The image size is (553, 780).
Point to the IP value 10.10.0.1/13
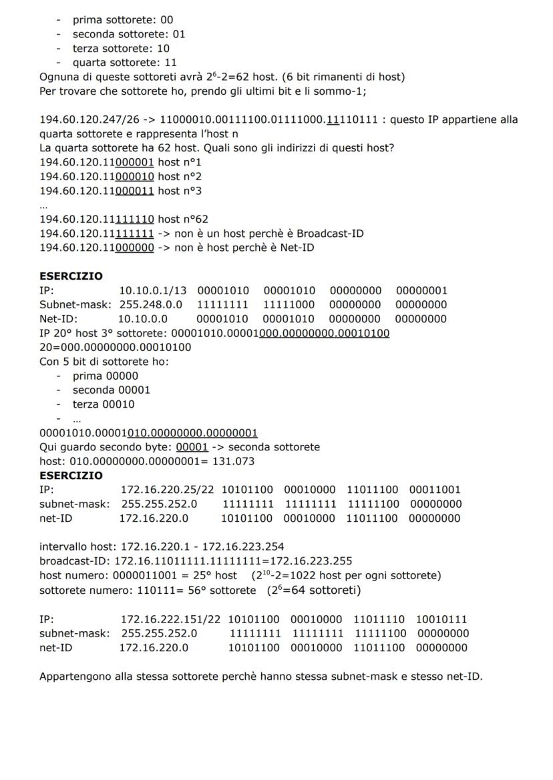pyautogui.click(x=153, y=290)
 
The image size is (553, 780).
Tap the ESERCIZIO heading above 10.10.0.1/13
pyautogui.click(x=71, y=276)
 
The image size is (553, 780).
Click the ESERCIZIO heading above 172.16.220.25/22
pyautogui.click(x=71, y=475)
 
